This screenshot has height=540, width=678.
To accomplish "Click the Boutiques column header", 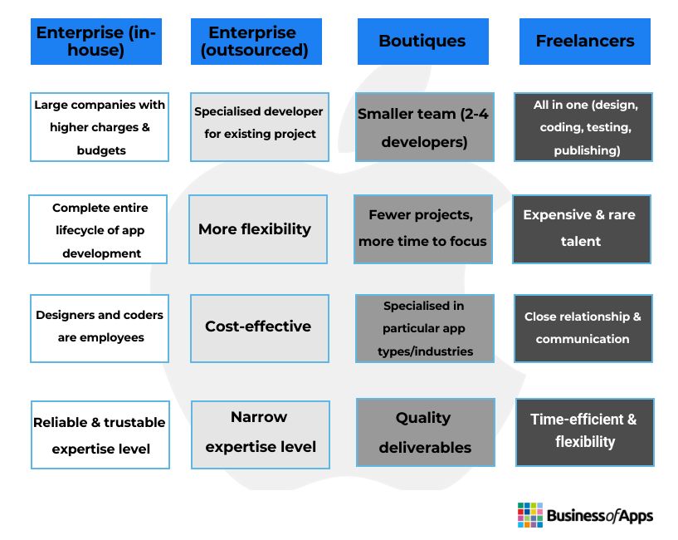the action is pos(423,42).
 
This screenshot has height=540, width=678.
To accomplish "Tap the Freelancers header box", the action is pos(584,42).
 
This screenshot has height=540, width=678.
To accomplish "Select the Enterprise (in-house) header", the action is pos(96,42).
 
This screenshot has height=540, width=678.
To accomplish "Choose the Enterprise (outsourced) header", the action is pos(256,42).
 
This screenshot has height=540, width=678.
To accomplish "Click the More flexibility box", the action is pos(258,229).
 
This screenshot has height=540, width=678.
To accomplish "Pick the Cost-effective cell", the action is pos(260,328).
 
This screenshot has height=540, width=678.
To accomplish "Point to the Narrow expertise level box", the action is pos(261,434).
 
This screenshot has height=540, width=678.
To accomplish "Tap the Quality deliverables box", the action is pos(426,432).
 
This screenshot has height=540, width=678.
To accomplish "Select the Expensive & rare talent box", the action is pos(582,229).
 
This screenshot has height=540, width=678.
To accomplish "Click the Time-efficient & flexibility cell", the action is pos(584,432).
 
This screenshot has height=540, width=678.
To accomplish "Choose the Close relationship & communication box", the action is pos(583,328).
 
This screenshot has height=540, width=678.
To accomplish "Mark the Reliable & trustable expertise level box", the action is pos(100,434).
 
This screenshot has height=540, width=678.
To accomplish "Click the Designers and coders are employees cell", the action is pos(100,328).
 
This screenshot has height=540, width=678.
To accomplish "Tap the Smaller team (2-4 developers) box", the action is pos(425,127).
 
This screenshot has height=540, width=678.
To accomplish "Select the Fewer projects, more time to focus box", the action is pos(423,229).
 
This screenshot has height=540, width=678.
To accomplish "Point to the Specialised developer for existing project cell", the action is pos(260,127).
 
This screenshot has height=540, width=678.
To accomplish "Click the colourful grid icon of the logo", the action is pos(530,515).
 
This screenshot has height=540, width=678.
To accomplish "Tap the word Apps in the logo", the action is pos(636,516).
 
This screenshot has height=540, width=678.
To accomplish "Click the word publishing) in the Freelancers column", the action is pos(587,150).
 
